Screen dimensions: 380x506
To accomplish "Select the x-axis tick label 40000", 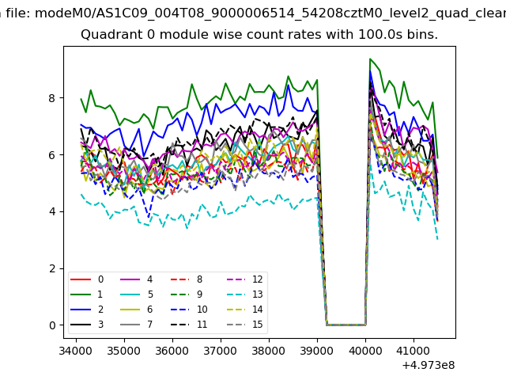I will [365, 348].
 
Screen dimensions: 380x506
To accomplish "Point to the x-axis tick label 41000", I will [413, 348].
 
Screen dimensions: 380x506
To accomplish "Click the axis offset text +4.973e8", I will [428, 365].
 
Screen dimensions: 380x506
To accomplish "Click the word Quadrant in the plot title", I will [108, 36].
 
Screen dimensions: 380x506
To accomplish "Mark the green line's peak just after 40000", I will [370, 59].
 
